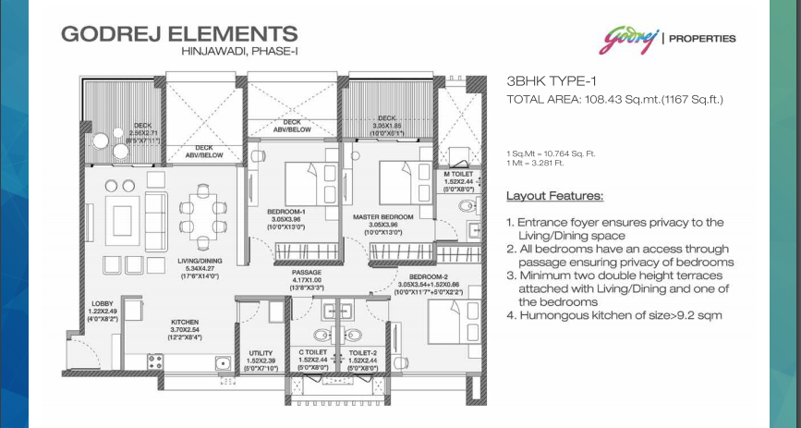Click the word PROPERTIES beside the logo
[701, 39]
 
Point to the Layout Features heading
[554, 196]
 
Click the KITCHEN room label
[185, 323]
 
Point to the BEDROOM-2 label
[419, 275]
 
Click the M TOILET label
[458, 173]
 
